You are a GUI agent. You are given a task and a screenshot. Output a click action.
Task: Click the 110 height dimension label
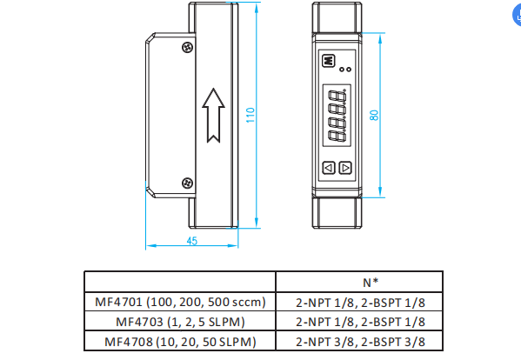250,115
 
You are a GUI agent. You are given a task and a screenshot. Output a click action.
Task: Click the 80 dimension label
374,116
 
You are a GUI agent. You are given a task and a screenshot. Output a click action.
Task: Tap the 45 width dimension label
192,241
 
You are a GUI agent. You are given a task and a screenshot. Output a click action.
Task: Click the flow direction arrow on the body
213,116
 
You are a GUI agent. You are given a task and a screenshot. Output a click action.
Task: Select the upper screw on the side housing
188,47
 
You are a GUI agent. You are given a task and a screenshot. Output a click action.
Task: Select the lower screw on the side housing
187,183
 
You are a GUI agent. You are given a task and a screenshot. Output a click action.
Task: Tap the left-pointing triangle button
329,168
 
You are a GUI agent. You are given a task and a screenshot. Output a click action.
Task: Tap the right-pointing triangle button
345,168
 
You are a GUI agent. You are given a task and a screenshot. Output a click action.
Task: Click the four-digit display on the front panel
337,116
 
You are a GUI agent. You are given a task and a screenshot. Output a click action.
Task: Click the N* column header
371,283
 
